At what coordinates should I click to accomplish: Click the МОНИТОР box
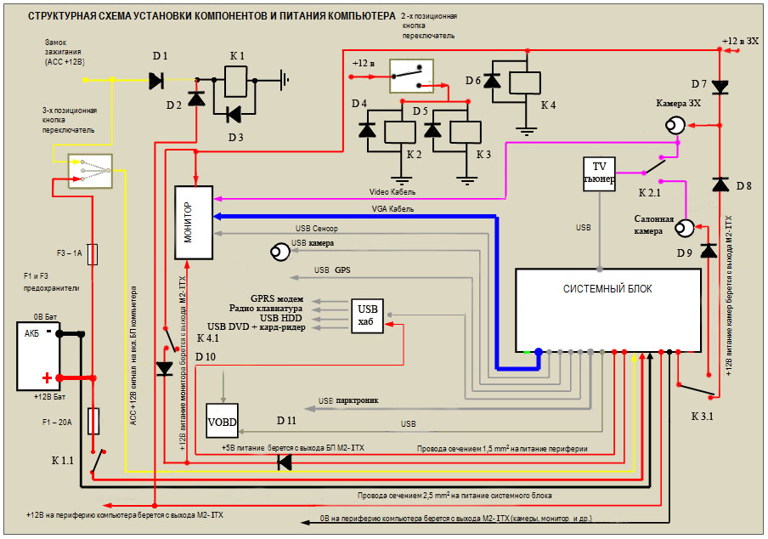click(x=192, y=221)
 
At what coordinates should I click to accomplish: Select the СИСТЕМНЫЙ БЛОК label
click(x=607, y=289)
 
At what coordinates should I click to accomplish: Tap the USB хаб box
click(x=368, y=315)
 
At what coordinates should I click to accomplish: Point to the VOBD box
click(x=222, y=420)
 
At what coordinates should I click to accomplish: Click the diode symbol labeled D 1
click(x=156, y=81)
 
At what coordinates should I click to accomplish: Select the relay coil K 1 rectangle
click(x=234, y=82)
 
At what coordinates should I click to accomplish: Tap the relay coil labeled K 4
click(x=528, y=82)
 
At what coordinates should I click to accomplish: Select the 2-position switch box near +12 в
click(x=411, y=76)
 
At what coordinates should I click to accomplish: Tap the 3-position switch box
click(x=90, y=170)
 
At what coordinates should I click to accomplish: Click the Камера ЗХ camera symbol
click(x=676, y=127)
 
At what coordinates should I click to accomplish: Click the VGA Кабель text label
click(x=393, y=208)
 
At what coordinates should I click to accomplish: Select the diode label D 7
click(x=699, y=83)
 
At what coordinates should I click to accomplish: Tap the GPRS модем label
click(x=277, y=298)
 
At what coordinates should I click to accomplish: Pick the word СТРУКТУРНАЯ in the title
click(x=64, y=16)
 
